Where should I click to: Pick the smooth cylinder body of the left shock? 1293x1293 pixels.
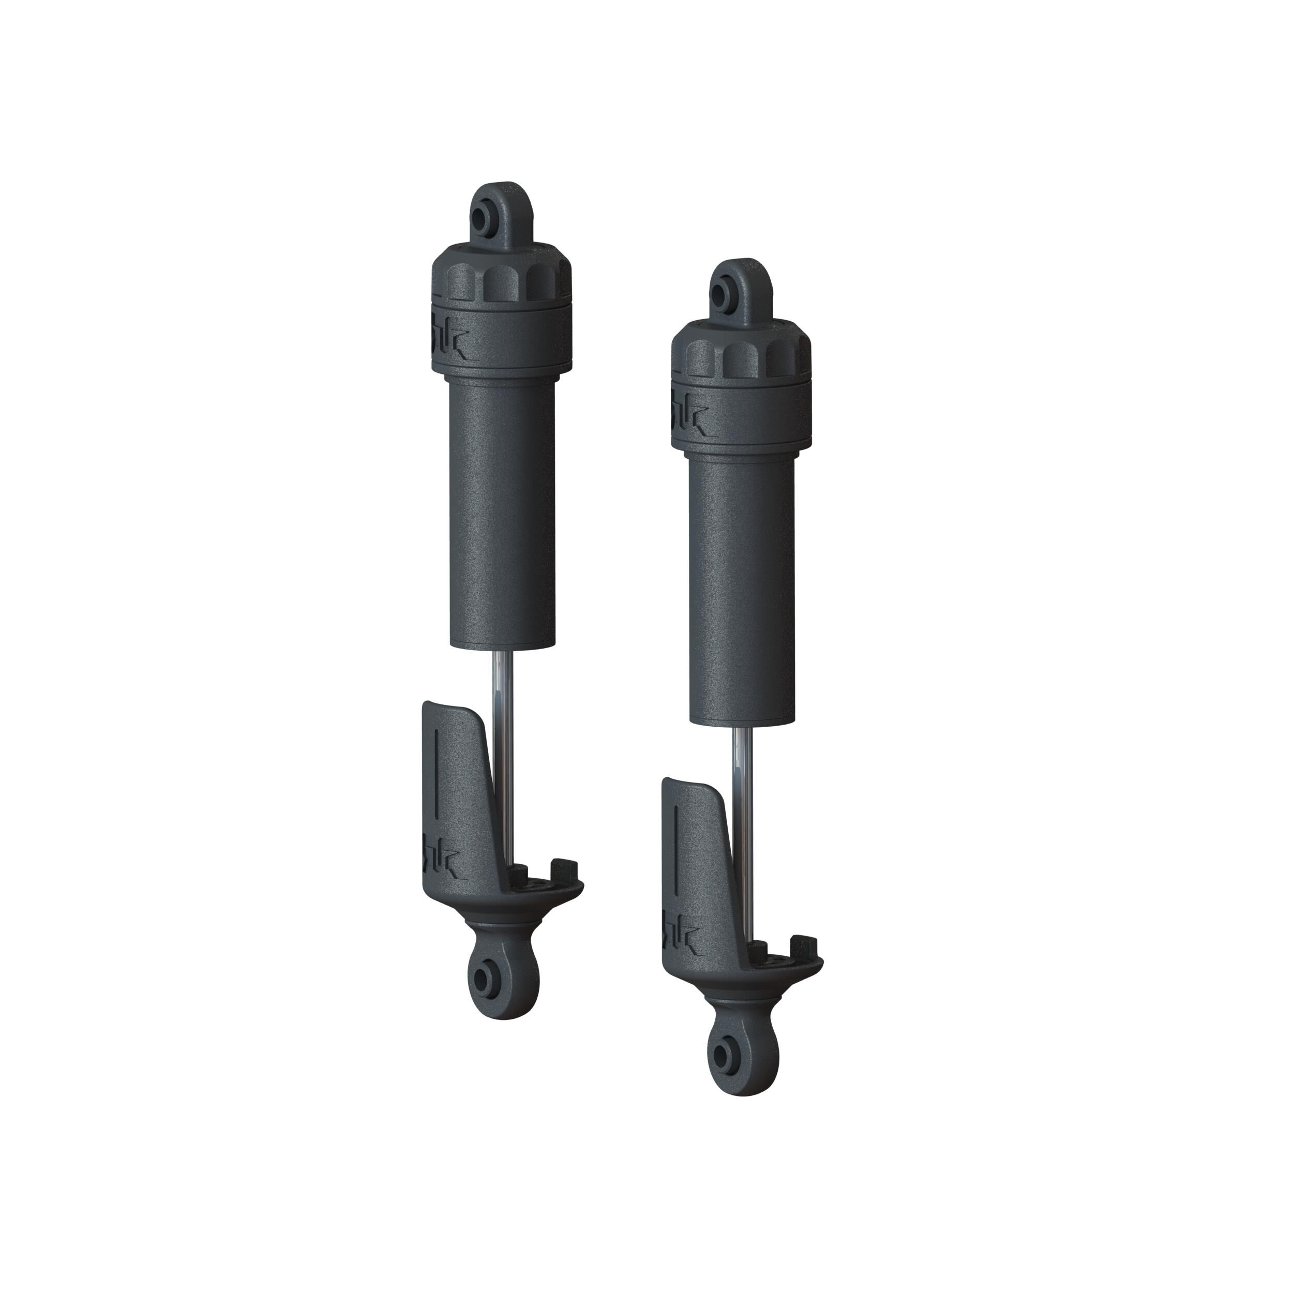(502, 508)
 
